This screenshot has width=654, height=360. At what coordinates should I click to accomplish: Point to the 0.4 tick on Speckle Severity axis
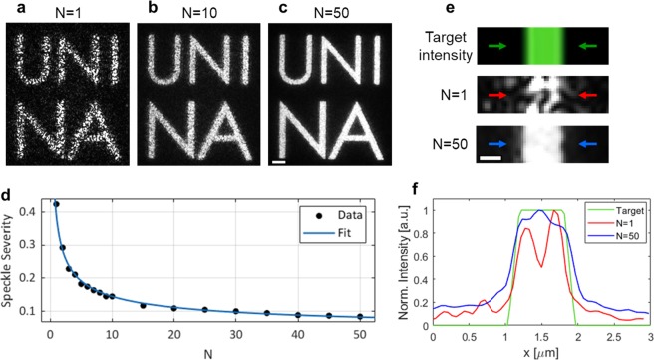[x=30, y=210]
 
